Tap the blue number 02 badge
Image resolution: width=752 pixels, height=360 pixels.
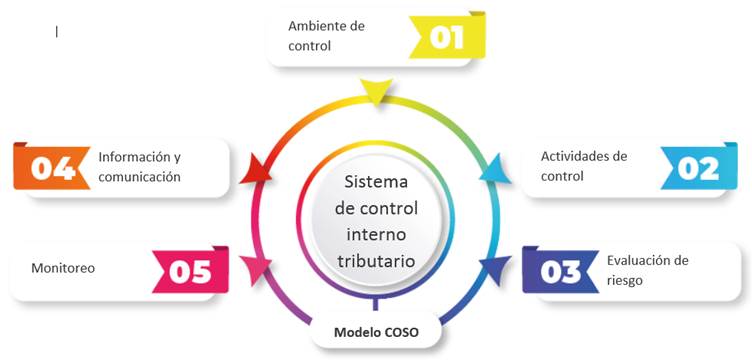pyautogui.click(x=697, y=166)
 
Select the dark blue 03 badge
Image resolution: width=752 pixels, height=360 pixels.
pyautogui.click(x=560, y=270)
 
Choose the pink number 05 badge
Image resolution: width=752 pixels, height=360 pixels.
pyautogui.click(x=188, y=270)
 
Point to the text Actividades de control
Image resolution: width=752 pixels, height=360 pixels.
pyautogui.click(x=583, y=166)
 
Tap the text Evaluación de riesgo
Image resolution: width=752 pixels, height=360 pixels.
pyautogui.click(x=647, y=270)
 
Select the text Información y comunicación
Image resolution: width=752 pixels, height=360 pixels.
pyautogui.click(x=139, y=166)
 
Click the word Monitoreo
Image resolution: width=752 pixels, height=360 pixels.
pyautogui.click(x=63, y=269)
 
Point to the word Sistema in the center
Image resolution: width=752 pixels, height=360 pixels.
pyautogui.click(x=376, y=183)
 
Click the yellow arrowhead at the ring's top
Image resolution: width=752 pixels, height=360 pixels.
pyautogui.click(x=375, y=93)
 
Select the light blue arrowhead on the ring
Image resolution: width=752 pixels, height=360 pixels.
pyautogui.click(x=491, y=170)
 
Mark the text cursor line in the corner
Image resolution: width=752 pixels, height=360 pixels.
pyautogui.click(x=57, y=31)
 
